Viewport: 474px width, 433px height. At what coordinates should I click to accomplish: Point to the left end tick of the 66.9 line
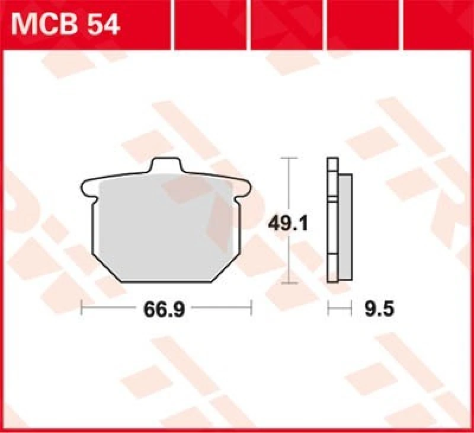(81, 308)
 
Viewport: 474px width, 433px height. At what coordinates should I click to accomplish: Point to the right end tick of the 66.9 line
(252, 308)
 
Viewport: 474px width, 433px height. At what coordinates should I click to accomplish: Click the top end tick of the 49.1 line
(289, 158)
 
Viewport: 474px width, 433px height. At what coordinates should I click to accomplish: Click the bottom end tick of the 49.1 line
(289, 284)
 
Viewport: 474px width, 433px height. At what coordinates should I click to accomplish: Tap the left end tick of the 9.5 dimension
(328, 308)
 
